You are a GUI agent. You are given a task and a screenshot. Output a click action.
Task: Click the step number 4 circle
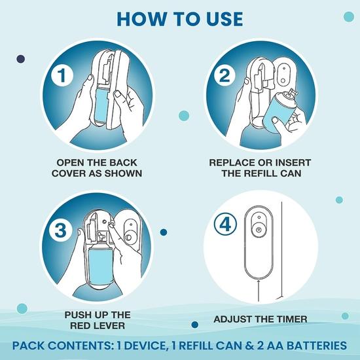tap(223, 225)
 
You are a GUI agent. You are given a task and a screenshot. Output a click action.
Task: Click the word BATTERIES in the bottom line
tap(315, 345)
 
